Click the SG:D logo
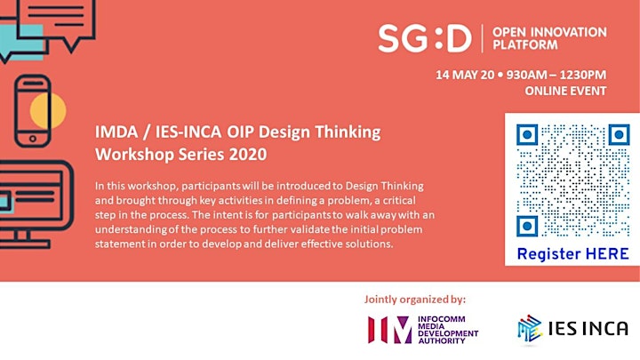[425, 38]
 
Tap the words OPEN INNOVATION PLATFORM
[549, 38]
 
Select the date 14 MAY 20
[465, 75]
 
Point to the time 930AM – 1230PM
[556, 75]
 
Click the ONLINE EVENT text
[565, 91]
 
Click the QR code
[573, 180]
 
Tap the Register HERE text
[572, 254]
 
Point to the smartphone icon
[33, 110]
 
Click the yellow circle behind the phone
[48, 110]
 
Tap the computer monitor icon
[36, 204]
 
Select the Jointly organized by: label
[415, 300]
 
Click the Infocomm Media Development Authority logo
[423, 330]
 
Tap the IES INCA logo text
[588, 329]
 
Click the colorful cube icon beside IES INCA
[530, 328]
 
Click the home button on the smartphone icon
[33, 139]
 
